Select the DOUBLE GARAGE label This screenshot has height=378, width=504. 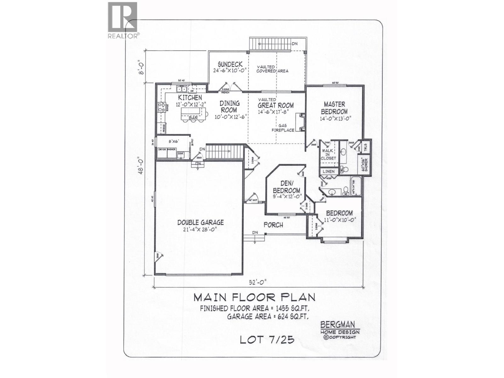[200, 222]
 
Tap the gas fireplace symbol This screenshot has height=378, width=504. [300, 122]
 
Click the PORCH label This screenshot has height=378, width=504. [273, 225]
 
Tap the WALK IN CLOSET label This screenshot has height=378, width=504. [328, 154]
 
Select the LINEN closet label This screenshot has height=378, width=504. [329, 171]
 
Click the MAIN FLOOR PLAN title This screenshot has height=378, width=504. [254, 297]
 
